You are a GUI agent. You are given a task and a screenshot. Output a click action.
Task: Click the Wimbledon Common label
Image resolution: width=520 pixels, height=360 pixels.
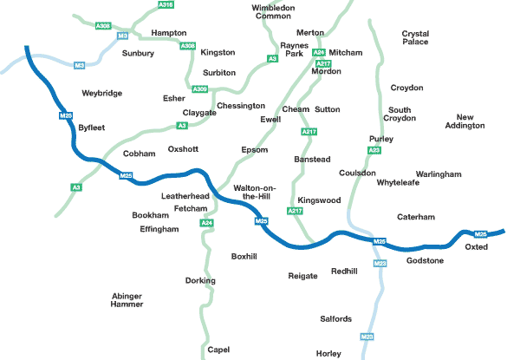[273, 12]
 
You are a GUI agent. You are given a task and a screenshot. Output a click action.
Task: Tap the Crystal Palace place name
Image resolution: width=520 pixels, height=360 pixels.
[415, 37]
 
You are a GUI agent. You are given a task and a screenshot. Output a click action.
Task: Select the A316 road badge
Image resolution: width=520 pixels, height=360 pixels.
[166, 5]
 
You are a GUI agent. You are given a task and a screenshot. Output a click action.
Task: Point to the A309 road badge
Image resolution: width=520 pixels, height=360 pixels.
[200, 89]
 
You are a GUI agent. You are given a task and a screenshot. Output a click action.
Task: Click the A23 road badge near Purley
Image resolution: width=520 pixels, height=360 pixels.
[374, 151]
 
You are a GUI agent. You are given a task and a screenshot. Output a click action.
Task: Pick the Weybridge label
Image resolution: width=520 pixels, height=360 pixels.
[101, 93]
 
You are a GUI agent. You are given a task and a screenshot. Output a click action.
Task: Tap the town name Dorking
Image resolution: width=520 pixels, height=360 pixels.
[200, 281]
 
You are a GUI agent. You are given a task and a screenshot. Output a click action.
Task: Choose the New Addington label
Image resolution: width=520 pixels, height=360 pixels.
[471, 121]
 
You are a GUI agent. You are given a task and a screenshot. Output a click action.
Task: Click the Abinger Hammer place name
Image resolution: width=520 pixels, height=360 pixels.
[127, 300]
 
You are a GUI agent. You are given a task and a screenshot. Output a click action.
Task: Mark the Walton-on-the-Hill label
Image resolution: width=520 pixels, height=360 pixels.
[253, 192]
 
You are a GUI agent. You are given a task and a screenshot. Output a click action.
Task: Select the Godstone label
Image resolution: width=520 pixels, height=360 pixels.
[425, 261]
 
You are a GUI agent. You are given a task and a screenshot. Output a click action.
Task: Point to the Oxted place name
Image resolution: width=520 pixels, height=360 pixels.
[477, 247]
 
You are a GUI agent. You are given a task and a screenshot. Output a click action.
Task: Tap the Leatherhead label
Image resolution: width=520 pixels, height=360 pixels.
[185, 197]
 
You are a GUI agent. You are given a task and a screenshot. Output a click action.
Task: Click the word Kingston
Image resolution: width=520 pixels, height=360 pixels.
[218, 53]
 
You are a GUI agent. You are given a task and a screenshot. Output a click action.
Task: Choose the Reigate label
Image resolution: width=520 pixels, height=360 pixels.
[303, 276]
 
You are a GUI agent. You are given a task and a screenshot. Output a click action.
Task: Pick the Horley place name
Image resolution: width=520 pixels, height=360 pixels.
[329, 354]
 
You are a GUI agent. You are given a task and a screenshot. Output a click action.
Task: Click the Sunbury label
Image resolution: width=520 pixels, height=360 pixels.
[138, 54]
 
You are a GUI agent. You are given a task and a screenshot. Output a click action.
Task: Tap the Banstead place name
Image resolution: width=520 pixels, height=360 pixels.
[313, 160]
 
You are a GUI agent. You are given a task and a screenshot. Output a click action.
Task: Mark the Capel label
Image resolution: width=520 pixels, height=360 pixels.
[218, 350]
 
